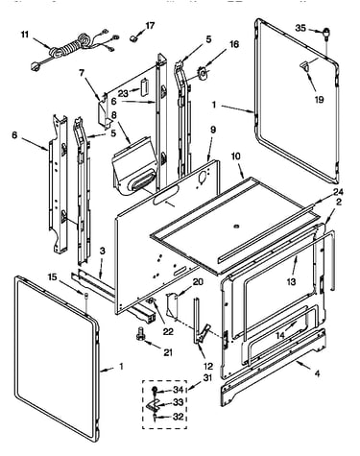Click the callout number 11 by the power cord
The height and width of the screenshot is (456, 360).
[x=25, y=34]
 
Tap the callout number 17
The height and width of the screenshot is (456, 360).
[x=150, y=25]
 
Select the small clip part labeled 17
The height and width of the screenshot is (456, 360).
[x=133, y=38]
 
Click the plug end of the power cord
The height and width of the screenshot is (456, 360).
[x=35, y=66]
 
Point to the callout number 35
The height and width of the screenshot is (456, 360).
[x=300, y=28]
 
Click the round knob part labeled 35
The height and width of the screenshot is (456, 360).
[x=326, y=33]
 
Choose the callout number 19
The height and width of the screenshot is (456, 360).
[x=319, y=100]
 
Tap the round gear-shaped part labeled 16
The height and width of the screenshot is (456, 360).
[x=203, y=73]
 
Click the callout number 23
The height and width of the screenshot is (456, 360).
[x=123, y=93]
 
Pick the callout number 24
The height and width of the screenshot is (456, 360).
[x=338, y=192]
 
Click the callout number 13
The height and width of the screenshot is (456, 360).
[x=291, y=282]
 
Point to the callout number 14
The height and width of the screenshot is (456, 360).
[x=280, y=336]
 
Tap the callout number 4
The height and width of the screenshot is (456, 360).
[x=317, y=373]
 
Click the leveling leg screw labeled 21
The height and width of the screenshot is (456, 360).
[x=140, y=333]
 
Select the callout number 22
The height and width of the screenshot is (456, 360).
[x=168, y=331]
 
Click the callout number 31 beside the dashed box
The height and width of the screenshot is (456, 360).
[x=207, y=378]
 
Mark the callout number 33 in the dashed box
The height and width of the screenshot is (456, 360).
[x=179, y=402]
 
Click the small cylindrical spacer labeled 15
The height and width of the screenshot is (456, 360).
[x=86, y=296]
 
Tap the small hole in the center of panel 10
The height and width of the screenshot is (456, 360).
[x=237, y=227]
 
